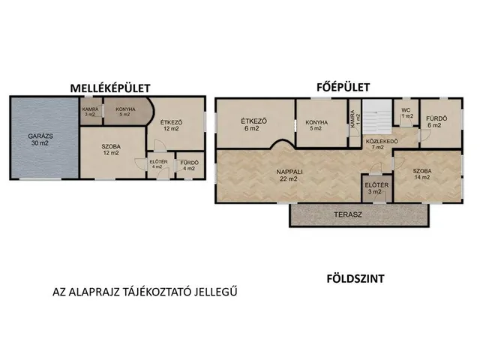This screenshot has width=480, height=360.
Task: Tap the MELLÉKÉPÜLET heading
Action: click(x=110, y=88)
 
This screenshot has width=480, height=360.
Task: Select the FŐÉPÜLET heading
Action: click(x=343, y=87)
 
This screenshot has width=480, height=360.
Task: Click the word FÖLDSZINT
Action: click(x=355, y=279)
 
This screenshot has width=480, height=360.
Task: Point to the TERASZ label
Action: click(x=348, y=214)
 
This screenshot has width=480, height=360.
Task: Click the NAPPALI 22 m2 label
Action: click(x=289, y=175)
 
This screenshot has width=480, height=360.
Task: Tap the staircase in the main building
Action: click(x=377, y=117)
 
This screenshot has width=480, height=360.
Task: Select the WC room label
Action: click(x=406, y=110)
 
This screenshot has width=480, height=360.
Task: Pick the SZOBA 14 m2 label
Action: click(x=421, y=174)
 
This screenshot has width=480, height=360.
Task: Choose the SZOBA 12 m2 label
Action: click(x=111, y=150)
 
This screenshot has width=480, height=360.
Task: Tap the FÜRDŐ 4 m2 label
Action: click(x=189, y=166)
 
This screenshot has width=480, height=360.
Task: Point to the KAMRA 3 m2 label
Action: click(x=90, y=112)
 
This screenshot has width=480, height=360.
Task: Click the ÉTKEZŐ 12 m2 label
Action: click(x=171, y=125)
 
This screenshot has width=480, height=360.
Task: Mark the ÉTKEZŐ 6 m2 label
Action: click(x=253, y=124)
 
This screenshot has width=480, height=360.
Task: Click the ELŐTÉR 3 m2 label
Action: click(x=376, y=188)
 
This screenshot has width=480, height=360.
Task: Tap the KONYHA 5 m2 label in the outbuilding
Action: click(x=125, y=112)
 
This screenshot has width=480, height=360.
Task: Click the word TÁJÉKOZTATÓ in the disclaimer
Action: click(x=156, y=292)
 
